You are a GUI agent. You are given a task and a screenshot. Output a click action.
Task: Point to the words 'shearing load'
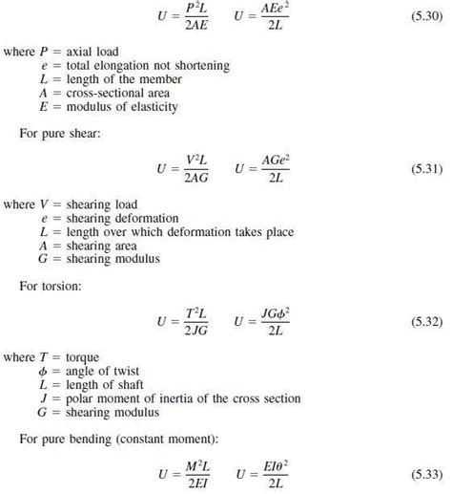[x=100, y=204]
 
